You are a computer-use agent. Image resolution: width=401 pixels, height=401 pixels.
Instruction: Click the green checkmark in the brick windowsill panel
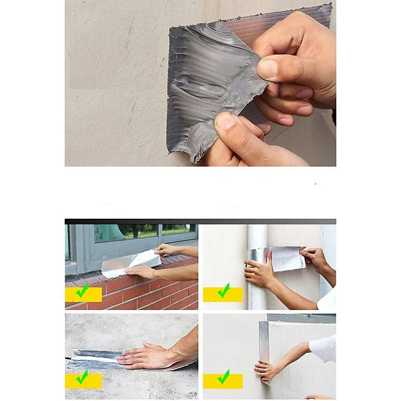click(x=82, y=291)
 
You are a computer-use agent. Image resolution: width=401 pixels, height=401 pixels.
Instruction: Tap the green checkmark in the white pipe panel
click(x=223, y=291)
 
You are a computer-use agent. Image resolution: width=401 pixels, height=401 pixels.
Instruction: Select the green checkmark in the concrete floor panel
click(x=82, y=378)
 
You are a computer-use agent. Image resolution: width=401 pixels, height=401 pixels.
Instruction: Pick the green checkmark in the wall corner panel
click(x=223, y=378)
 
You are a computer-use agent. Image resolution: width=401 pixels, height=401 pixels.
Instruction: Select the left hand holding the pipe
click(x=259, y=274)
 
